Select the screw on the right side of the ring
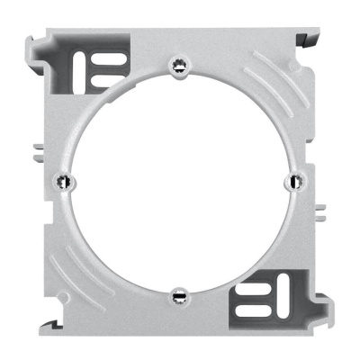click(292, 181)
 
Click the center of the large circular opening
click(177, 179)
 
